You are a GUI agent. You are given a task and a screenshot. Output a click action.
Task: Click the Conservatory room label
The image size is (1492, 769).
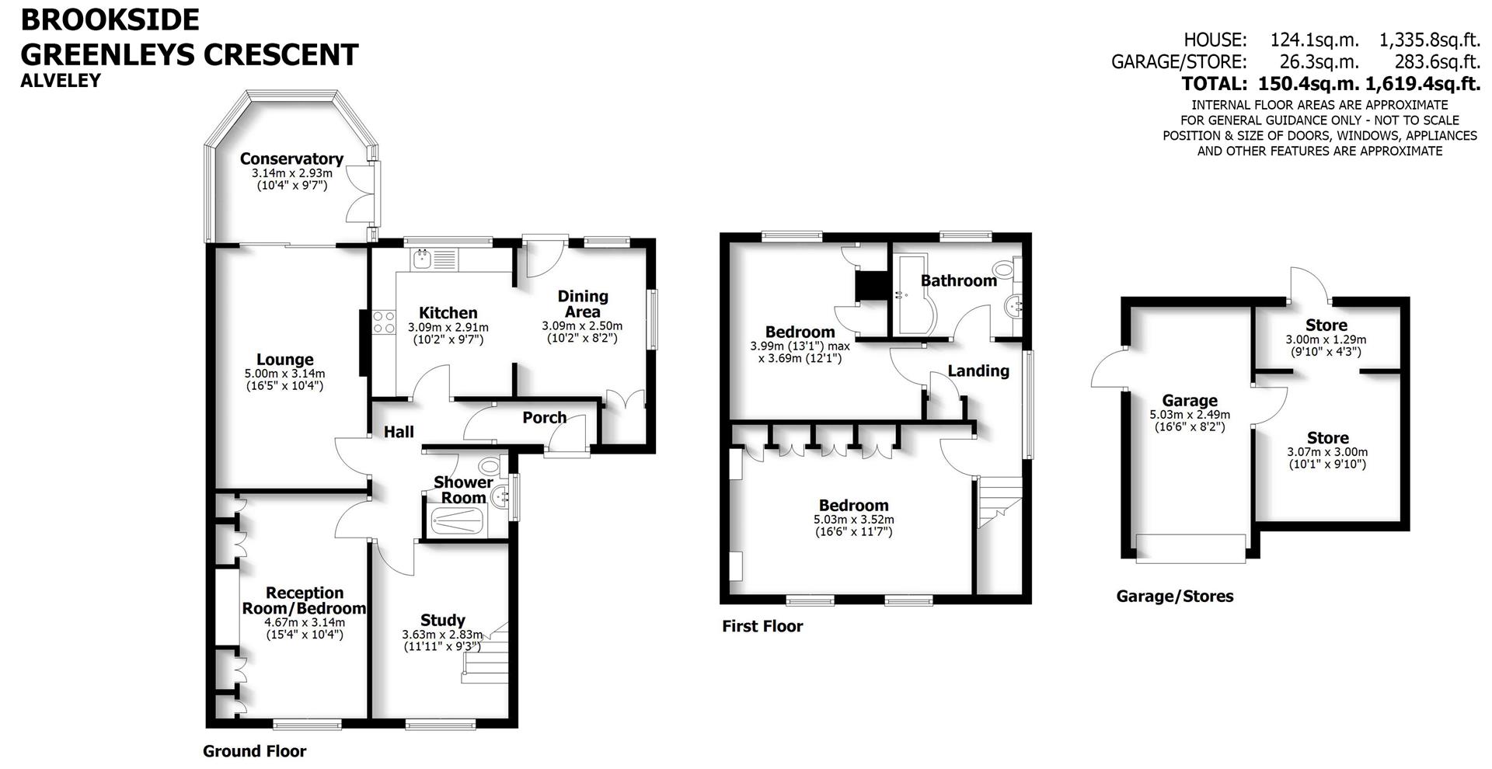pyautogui.click(x=291, y=158)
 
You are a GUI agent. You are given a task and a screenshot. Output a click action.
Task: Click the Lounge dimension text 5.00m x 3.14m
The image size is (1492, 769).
pyautogui.click(x=285, y=374)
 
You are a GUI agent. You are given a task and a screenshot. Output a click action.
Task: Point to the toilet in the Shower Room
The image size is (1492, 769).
pyautogui.click(x=490, y=467)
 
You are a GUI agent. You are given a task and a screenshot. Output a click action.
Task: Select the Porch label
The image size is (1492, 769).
pyautogui.click(x=544, y=418)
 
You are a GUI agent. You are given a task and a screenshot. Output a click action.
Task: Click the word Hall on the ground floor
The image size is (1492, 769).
pyautogui.click(x=399, y=432)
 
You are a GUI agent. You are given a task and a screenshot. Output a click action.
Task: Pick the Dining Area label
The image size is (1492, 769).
pyautogui.click(x=583, y=304)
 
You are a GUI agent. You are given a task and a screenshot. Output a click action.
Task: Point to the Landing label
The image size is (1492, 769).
pyautogui.click(x=978, y=371)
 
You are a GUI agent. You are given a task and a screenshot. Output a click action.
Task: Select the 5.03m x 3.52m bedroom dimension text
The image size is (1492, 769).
pyautogui.click(x=853, y=520)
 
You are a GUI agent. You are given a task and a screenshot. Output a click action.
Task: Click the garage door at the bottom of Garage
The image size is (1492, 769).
pyautogui.click(x=1190, y=548)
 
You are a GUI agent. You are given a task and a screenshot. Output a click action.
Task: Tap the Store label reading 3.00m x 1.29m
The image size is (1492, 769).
pyautogui.click(x=1326, y=325)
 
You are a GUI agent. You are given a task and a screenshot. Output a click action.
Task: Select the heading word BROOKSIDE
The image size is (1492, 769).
pyautogui.click(x=110, y=19)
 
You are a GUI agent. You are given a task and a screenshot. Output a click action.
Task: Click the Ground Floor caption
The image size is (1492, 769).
pyautogui.click(x=254, y=751)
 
